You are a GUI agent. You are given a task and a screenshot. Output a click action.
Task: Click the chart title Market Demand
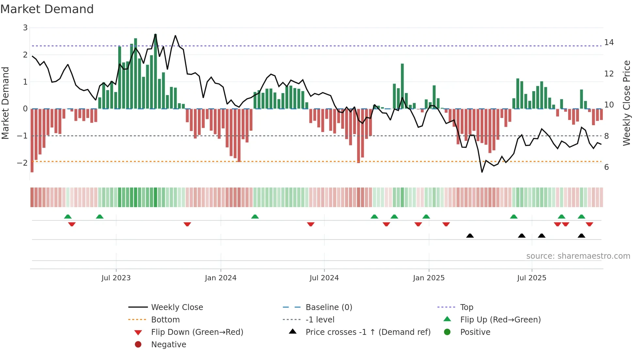47,9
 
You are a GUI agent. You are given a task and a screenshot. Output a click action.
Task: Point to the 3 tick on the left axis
25,28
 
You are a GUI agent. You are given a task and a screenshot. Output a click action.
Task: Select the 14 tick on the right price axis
609,42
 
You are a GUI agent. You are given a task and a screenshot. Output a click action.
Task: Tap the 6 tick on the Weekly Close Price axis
606,167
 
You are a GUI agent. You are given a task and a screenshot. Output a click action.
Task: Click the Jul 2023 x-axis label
116,278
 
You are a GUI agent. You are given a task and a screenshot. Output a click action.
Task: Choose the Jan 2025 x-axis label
428,278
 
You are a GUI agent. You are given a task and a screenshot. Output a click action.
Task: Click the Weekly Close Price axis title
626,103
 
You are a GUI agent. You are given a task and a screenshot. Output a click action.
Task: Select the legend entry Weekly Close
177,307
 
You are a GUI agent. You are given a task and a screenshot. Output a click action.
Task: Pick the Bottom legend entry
165,320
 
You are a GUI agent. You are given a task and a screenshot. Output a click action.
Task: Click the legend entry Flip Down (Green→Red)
197,332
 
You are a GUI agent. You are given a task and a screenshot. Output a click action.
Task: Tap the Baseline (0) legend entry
328,307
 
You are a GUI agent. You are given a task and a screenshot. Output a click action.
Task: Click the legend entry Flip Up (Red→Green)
500,320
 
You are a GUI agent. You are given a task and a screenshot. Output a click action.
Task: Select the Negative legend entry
168,345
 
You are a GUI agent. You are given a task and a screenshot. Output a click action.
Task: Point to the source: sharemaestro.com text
578,256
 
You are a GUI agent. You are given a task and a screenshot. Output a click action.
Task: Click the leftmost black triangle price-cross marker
470,236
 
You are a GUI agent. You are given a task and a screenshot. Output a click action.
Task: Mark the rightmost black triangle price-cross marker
581,236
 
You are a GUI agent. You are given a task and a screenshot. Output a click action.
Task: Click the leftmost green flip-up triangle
68,217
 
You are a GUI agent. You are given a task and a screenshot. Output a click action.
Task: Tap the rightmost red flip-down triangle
589,224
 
